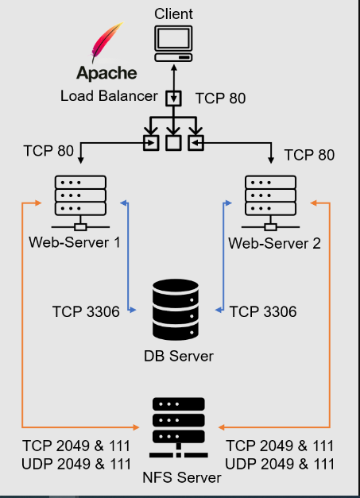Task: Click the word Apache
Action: coord(106,73)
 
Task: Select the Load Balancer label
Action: coord(110,95)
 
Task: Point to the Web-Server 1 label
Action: coord(74,241)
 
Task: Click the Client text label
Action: coord(173,14)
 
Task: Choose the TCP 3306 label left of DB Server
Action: coord(86,311)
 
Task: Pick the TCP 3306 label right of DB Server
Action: coord(263,311)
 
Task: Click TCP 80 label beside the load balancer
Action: coord(219,98)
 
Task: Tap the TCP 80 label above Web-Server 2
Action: coord(309,154)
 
